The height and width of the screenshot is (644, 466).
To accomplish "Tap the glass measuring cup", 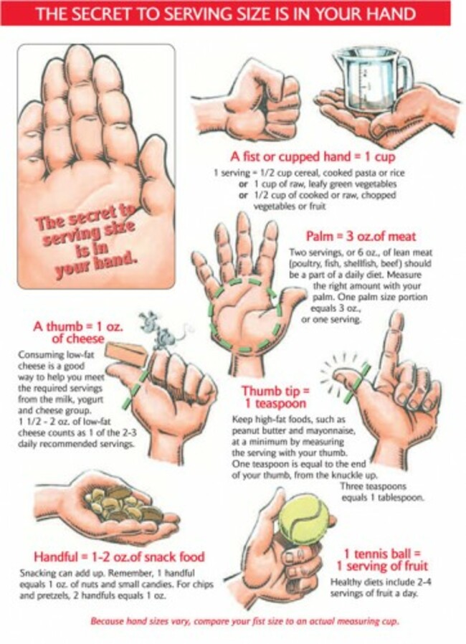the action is [371, 82].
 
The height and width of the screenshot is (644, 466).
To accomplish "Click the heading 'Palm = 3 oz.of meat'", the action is [361, 236].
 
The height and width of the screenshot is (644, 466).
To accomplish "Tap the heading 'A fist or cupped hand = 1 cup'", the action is [312, 156].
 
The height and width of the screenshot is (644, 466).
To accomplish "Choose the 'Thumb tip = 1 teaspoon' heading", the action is [275, 397].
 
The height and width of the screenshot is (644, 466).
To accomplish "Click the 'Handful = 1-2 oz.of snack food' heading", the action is [119, 557].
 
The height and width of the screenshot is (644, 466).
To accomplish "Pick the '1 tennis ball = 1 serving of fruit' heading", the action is [382, 560].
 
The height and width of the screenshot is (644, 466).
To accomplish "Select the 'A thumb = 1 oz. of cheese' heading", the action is [78, 332].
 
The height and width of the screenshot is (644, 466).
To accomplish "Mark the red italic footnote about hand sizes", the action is [244, 622].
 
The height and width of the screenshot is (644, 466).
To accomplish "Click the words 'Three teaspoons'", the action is [374, 487].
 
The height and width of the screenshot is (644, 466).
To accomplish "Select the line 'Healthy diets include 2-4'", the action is [381, 582].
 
